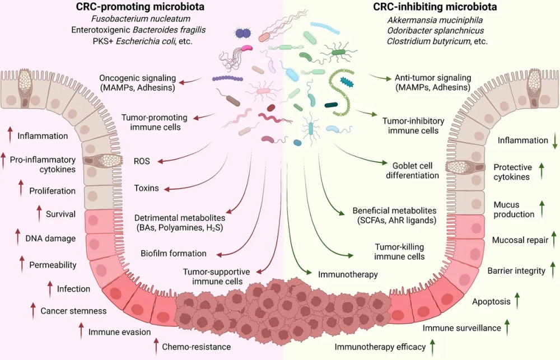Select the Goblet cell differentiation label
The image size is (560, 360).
pyautogui.click(x=416, y=170)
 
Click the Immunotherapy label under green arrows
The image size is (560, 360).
pyautogui.click(x=348, y=275)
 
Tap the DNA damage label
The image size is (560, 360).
pyautogui.click(x=50, y=239)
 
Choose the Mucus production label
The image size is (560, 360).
pyautogui.click(x=514, y=209)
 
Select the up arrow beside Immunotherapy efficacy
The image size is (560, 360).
pyautogui.click(x=432, y=347)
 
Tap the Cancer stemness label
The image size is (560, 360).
pyautogui.click(x=73, y=311)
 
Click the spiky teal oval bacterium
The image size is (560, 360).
pyautogui.click(x=347, y=82)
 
